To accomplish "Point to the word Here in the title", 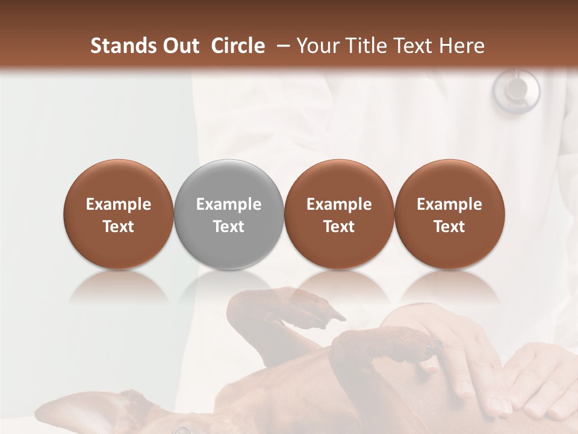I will click(463, 46).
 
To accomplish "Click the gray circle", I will click(229, 214).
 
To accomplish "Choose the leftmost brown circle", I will click(118, 214).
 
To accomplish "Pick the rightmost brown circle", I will click(449, 214).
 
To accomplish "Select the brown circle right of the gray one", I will click(339, 214).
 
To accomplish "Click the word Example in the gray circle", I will click(229, 204).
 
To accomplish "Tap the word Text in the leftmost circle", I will click(118, 227).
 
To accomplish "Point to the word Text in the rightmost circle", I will click(449, 227).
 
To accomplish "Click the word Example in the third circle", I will click(339, 204).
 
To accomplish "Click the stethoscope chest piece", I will click(516, 90).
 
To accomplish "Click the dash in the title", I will click(281, 46).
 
